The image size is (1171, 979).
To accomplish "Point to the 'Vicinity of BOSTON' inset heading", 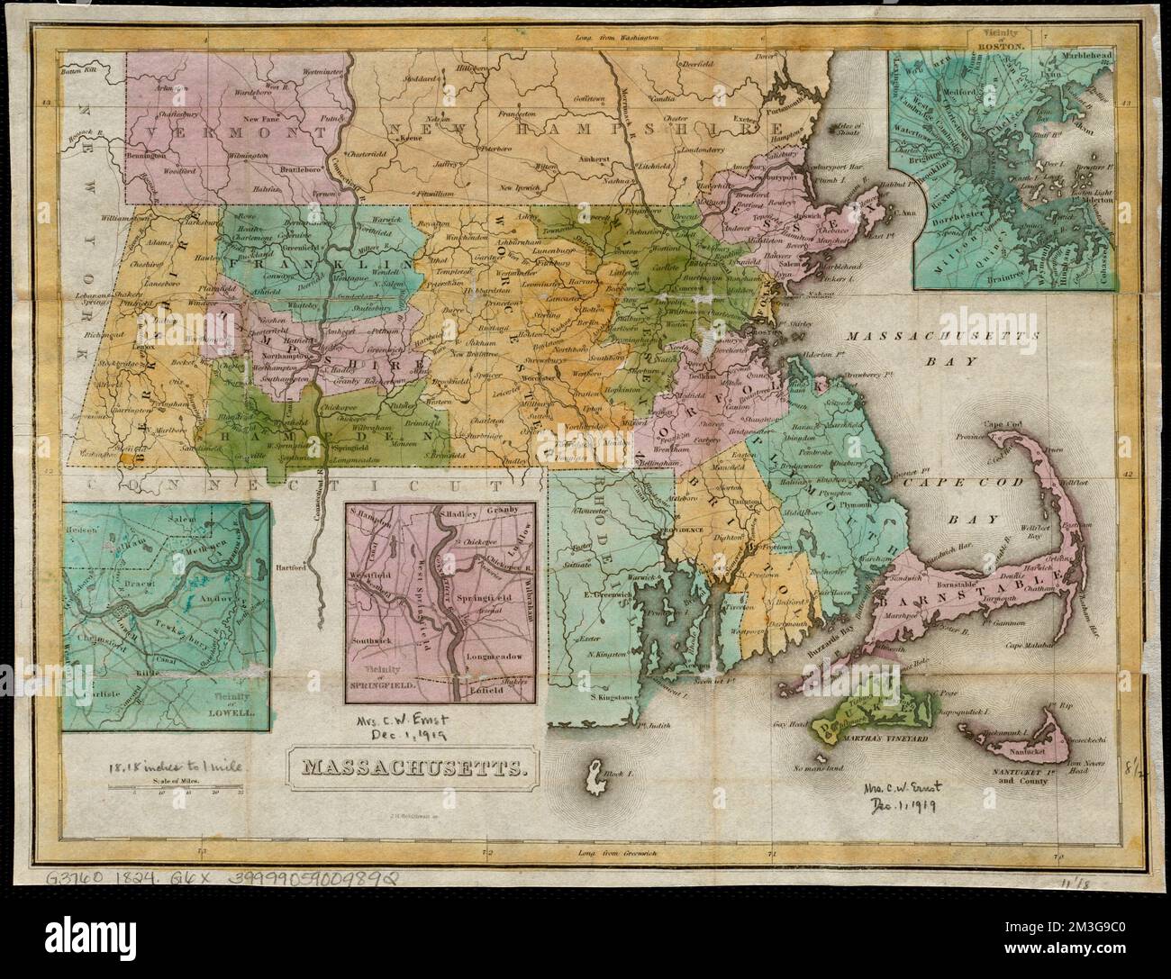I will (x=1001, y=41).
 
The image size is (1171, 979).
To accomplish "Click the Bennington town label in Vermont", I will (x=146, y=155).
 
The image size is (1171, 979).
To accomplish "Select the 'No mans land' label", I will (x=819, y=768).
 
